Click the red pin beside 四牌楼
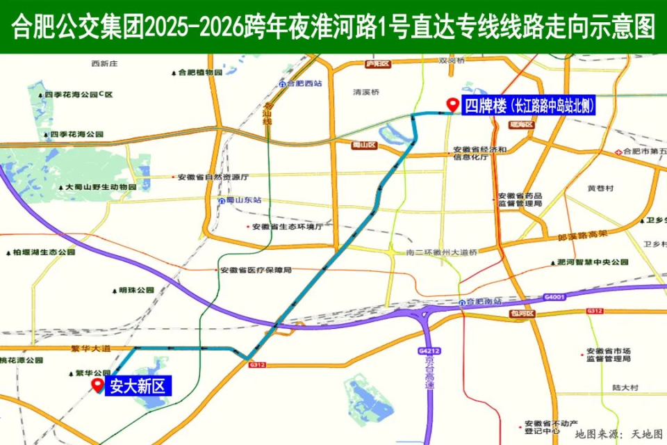click(x=452, y=105)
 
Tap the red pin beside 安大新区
click(x=97, y=385)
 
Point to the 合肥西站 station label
click(x=304, y=83)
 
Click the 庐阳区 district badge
click(x=378, y=64)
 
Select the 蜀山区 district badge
click(x=363, y=145)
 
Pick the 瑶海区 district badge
click(x=520, y=124)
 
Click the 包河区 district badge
click(x=520, y=314)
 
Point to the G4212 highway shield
click(x=428, y=350)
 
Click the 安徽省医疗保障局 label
click(x=255, y=270)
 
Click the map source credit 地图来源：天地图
click(x=618, y=434)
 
